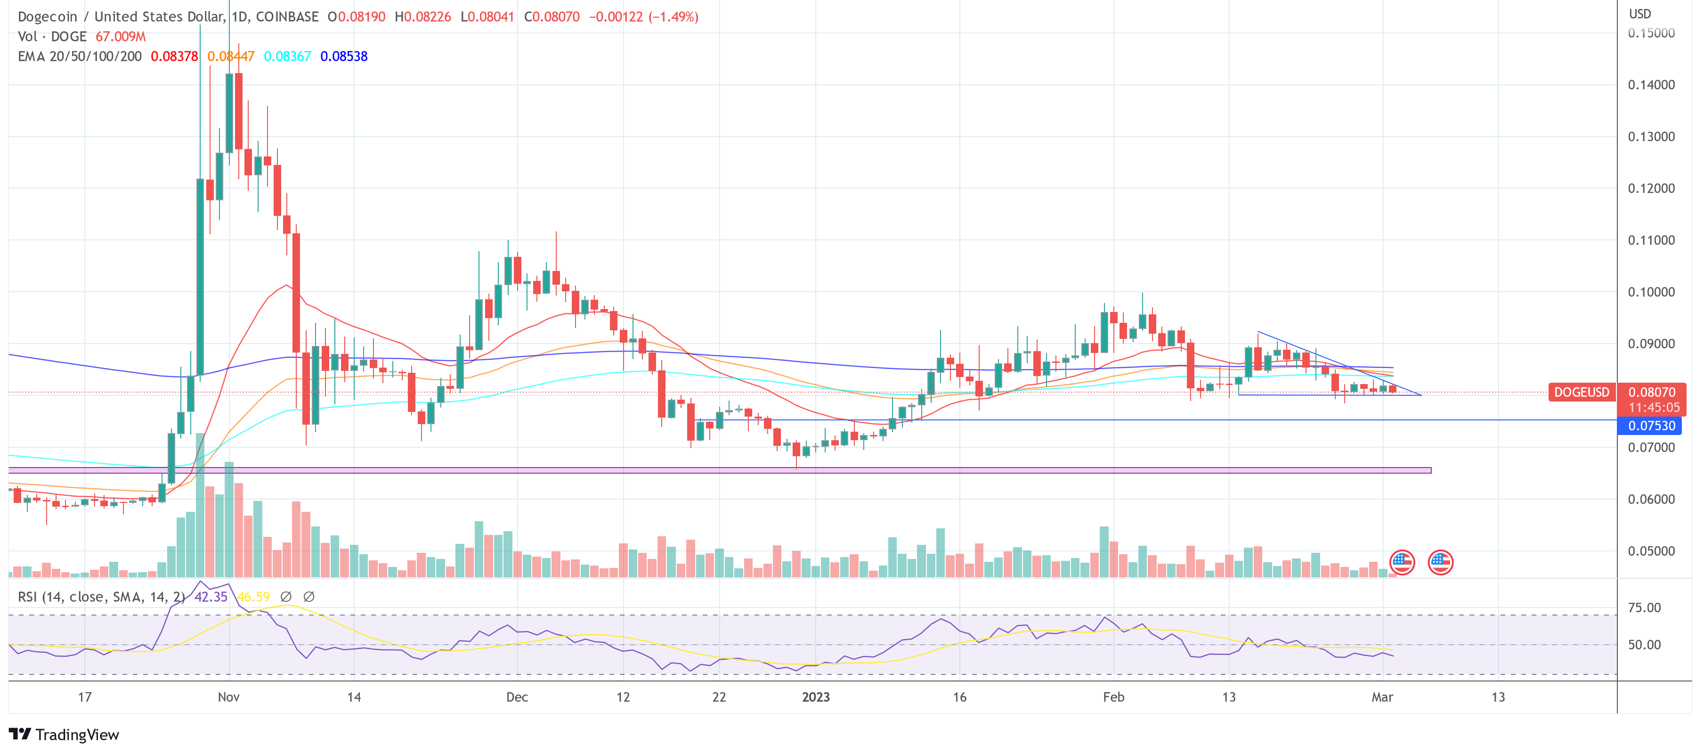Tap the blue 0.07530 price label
[x=1651, y=426]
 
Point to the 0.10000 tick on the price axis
[x=1651, y=292]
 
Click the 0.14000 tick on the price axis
[x=1651, y=85]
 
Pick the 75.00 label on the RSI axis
[x=1644, y=607]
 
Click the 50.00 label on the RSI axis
[x=1644, y=645]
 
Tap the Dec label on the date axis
[x=517, y=697]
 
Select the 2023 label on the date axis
[x=816, y=697]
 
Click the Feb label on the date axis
[x=1113, y=697]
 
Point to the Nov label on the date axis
[x=228, y=697]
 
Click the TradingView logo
[x=64, y=734]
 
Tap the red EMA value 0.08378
[x=174, y=56]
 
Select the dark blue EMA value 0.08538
[x=344, y=56]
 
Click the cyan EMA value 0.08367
[x=287, y=56]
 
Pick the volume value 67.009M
[x=121, y=36]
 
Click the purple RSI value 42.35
[x=211, y=597]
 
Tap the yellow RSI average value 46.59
[x=253, y=597]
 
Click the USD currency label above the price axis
[x=1640, y=14]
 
